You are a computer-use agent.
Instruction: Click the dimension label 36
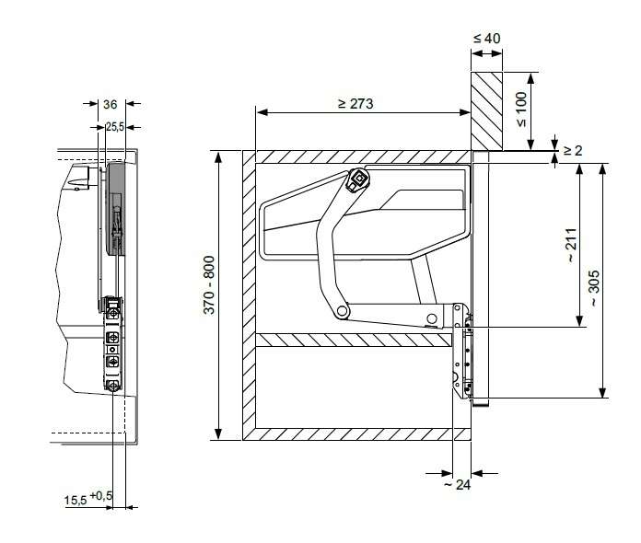pos(110,105)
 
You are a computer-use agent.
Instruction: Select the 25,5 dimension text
pos(115,127)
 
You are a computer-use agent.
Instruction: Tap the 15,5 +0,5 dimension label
pos(87,499)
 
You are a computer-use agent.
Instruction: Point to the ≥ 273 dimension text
pos(355,104)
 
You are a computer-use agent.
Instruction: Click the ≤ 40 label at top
pos(487,39)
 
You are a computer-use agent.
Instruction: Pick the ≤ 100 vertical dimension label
pos(521,110)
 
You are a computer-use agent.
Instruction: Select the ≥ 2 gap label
pos(573,151)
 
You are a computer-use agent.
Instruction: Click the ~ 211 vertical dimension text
pos(572,245)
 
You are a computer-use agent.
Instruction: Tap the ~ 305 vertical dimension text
pos(594,288)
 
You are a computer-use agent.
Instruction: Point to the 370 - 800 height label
pos(209,284)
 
